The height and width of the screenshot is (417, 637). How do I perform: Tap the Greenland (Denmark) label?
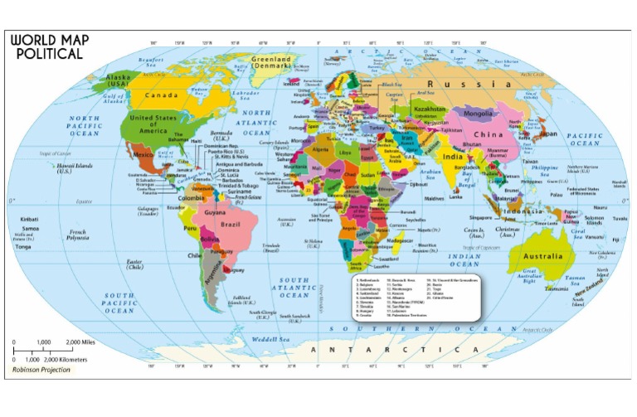[x=272, y=63]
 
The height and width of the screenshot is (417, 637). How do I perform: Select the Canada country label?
[x=163, y=95]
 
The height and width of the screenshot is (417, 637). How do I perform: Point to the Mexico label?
[x=143, y=155]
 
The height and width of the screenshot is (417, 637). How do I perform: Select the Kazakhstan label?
[x=430, y=109]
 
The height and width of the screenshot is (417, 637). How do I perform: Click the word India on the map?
[x=452, y=157]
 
